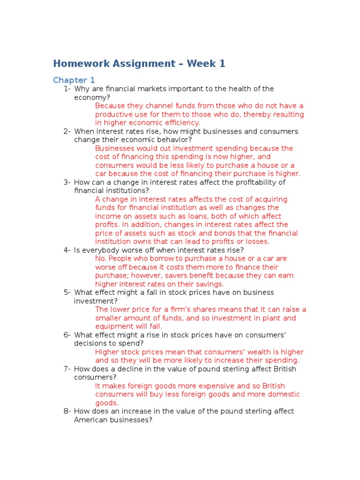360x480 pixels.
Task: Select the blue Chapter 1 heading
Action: (74, 80)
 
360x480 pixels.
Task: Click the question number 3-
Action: (67, 182)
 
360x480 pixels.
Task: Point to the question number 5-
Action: (67, 292)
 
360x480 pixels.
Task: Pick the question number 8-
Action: (67, 412)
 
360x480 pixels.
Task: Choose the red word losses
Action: (257, 242)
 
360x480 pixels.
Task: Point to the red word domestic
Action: (278, 395)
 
